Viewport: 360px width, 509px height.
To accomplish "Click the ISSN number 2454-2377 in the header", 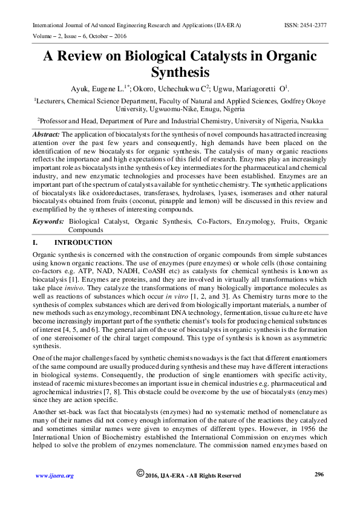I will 313,25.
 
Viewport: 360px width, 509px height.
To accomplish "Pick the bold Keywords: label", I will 49,222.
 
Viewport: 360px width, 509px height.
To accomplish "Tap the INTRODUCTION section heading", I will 83,243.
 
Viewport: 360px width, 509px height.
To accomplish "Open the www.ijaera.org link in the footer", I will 54,476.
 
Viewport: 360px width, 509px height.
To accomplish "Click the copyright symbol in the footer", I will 140,474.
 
